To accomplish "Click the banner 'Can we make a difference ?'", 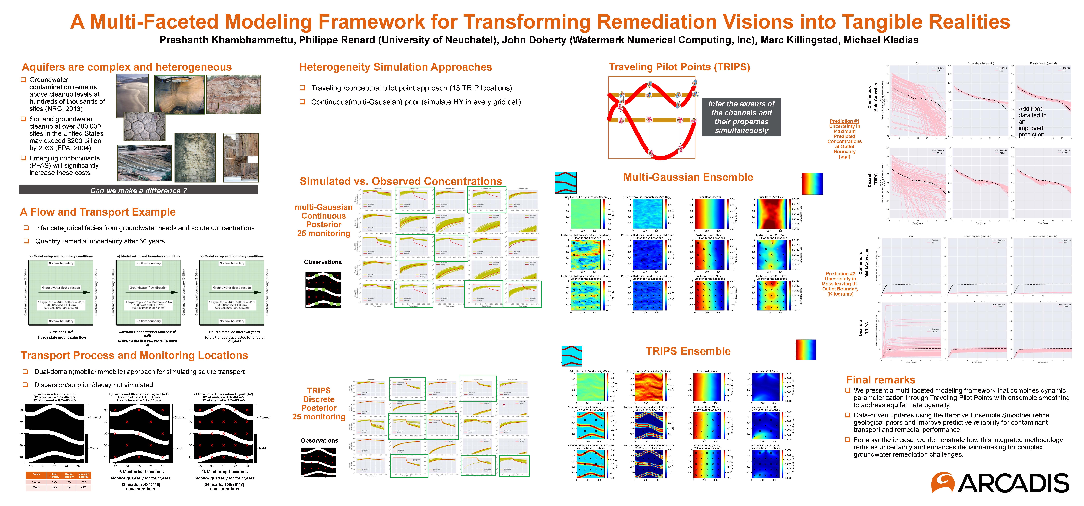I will (x=138, y=190).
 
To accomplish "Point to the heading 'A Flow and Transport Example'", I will (x=98, y=212).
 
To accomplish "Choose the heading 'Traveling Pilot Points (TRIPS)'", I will (x=679, y=67).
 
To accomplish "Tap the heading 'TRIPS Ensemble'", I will (x=688, y=351).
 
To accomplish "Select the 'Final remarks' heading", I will (x=880, y=380).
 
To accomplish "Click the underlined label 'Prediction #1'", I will (x=844, y=121).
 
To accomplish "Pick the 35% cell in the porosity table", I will (x=54, y=482).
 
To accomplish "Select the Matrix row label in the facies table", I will (x=36, y=487).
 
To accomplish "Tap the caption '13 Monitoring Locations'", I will (x=141, y=472).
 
